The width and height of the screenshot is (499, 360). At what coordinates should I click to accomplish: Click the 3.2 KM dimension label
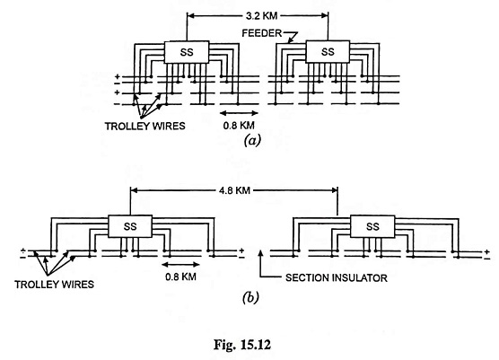pyautogui.click(x=261, y=15)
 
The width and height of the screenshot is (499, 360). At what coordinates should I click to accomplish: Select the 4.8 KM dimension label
pyautogui.click(x=234, y=190)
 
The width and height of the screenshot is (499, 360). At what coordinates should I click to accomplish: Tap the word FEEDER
pyautogui.click(x=262, y=33)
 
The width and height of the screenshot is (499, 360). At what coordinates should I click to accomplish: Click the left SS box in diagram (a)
pyautogui.click(x=187, y=52)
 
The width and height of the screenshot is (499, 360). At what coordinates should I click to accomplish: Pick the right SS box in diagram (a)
pyautogui.click(x=328, y=51)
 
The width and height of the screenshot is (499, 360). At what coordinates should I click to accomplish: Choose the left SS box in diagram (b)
pyautogui.click(x=130, y=226)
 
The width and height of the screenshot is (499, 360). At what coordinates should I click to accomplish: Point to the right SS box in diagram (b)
pyautogui.click(x=372, y=226)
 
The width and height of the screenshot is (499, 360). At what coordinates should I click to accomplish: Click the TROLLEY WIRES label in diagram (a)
pyautogui.click(x=145, y=126)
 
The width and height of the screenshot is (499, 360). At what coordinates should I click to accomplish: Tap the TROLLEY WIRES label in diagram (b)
pyautogui.click(x=55, y=285)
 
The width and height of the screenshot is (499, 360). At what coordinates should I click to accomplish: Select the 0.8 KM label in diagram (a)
pyautogui.click(x=239, y=126)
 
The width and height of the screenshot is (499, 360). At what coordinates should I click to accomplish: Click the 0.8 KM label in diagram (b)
pyautogui.click(x=180, y=277)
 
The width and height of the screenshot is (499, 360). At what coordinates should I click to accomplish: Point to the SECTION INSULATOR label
pyautogui.click(x=337, y=278)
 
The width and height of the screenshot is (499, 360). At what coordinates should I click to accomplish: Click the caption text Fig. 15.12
pyautogui.click(x=242, y=345)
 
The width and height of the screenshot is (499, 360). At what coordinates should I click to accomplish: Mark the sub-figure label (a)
pyautogui.click(x=252, y=140)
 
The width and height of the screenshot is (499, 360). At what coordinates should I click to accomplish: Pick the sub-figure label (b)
pyautogui.click(x=250, y=298)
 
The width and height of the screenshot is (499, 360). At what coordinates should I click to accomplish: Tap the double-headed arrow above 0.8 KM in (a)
pyautogui.click(x=239, y=113)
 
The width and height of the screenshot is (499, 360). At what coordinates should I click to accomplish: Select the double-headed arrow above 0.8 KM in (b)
pyautogui.click(x=180, y=264)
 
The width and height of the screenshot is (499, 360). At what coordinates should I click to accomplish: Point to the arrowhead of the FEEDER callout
pyautogui.click(x=290, y=40)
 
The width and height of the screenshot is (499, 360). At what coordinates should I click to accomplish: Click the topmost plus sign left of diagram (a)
pyautogui.click(x=118, y=76)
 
